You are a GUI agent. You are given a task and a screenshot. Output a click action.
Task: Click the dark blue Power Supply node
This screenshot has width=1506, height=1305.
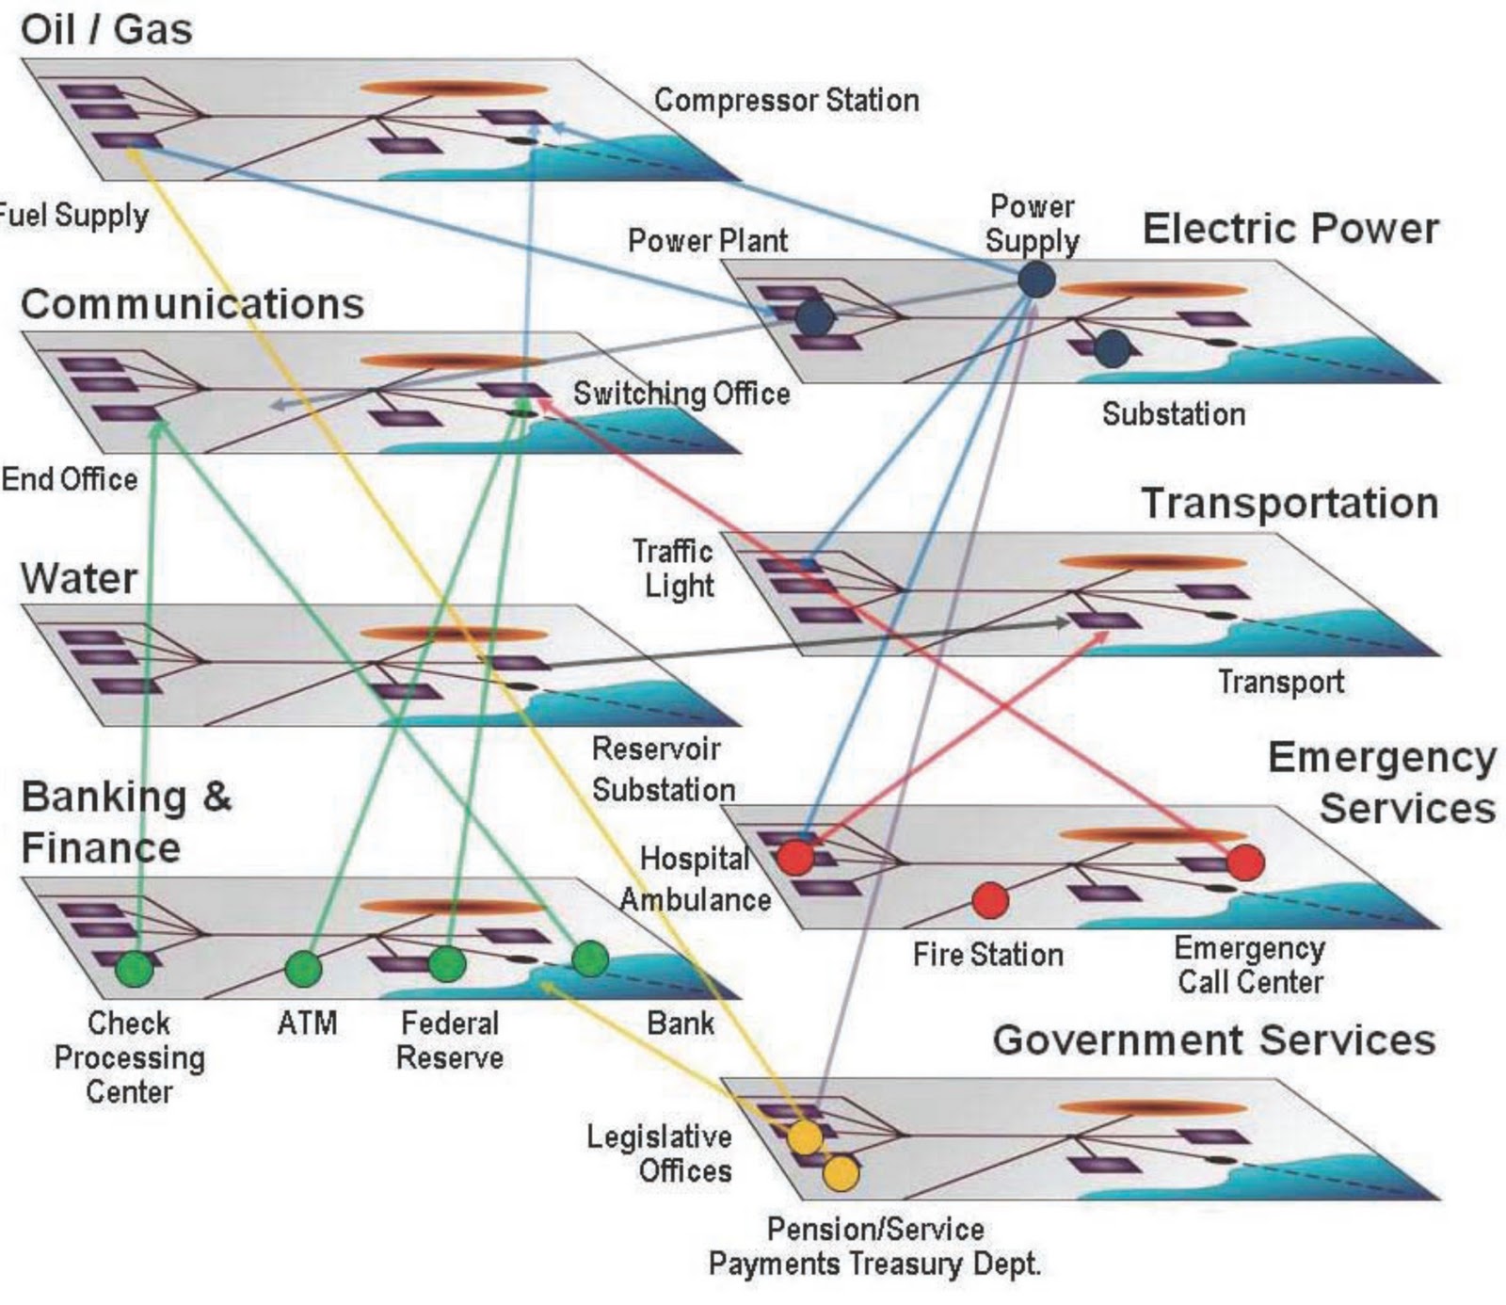[1035, 280]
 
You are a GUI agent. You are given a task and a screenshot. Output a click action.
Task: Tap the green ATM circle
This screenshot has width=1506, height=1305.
[303, 968]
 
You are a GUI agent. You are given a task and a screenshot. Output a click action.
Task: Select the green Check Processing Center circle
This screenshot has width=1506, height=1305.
[135, 968]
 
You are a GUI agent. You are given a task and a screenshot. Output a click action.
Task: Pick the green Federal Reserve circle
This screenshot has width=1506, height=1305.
[447, 964]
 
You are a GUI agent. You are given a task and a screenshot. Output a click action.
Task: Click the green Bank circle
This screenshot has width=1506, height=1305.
[590, 959]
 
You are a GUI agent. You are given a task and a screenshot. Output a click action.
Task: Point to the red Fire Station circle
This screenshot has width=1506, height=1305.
[989, 900]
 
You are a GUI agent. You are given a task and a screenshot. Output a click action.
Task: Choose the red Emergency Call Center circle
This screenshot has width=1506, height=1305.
[1245, 862]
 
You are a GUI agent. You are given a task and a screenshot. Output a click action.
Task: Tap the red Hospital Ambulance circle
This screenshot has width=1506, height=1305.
[795, 857]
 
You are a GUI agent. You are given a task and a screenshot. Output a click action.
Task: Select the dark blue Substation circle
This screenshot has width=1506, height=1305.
[1112, 348]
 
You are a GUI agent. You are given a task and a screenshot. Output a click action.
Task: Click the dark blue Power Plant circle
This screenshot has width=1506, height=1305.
[814, 317]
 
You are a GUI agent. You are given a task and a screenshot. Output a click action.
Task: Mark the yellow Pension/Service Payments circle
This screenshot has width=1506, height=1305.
[841, 1173]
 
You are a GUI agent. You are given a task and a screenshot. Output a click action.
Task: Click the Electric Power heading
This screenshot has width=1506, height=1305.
[1290, 229]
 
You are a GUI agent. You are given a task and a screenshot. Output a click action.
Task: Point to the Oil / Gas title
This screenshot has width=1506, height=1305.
[106, 29]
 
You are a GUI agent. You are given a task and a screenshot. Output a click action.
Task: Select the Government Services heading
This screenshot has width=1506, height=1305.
[1214, 1039]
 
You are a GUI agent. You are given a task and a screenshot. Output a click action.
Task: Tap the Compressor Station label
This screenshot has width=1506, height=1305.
[786, 100]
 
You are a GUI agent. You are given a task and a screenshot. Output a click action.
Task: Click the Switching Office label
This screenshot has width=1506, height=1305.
[681, 393]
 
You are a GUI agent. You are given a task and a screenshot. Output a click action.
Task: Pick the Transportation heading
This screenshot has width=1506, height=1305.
[1290, 503]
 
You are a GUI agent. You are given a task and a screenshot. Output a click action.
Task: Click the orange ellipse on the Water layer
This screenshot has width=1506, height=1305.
[454, 634]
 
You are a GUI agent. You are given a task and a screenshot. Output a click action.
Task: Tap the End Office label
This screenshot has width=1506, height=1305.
[69, 479]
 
